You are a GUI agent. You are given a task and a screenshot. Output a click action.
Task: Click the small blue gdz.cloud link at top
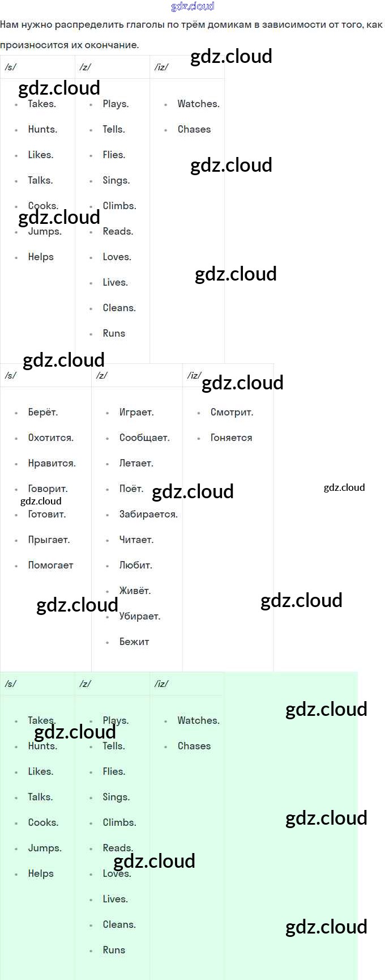coord(192,6)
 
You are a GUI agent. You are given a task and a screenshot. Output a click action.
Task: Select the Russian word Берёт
coord(42,412)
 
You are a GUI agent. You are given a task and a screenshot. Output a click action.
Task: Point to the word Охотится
coord(50,438)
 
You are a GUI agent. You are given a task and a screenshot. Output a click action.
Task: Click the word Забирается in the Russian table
coord(148,514)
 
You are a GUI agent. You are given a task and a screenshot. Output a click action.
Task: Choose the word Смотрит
coord(231,412)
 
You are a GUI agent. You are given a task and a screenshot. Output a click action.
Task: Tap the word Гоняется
coord(231,438)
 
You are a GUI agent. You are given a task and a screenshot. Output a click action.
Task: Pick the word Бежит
coord(134,642)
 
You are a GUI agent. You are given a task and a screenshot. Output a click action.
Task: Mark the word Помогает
coord(50,565)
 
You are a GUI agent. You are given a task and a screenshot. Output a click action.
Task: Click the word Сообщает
coord(144,438)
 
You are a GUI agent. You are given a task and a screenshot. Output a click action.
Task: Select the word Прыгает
coord(49,540)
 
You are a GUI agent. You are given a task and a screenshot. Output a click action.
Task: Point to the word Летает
coord(136,463)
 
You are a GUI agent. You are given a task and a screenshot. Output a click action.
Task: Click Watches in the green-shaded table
coord(198,720)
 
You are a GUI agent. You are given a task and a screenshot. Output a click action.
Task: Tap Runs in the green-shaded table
coord(114,950)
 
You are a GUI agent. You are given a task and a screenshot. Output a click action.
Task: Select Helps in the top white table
coord(41,257)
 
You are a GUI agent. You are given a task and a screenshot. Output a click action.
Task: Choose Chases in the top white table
coord(194,129)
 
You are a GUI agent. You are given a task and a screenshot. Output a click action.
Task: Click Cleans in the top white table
coord(119,308)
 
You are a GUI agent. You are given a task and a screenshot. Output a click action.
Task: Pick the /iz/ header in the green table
coord(161,684)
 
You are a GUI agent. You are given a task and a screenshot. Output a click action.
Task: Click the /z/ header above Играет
coord(102,375)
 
